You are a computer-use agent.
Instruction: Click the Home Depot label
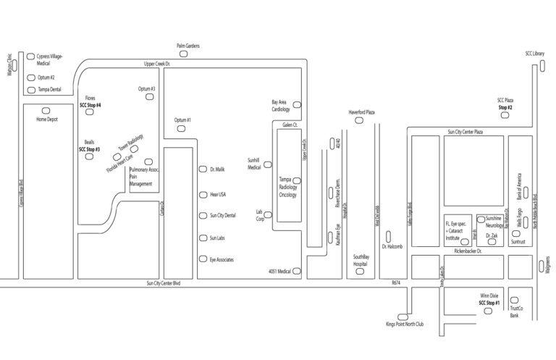46,119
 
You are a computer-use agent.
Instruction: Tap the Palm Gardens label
188,46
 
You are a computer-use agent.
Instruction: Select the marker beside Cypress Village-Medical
30,56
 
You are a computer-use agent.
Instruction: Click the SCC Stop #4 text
90,106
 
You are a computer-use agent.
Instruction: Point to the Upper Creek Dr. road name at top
156,64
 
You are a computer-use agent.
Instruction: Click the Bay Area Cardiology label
279,106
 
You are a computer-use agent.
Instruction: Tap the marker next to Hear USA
203,194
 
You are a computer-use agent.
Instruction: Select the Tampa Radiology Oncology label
288,187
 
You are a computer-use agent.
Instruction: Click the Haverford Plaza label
361,112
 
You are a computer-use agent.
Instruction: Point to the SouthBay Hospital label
361,260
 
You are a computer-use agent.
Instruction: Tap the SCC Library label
535,54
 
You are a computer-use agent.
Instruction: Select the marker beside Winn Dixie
486,311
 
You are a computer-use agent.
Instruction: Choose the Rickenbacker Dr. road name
467,251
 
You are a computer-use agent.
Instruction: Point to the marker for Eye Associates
203,259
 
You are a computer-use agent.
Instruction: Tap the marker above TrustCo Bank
514,300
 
